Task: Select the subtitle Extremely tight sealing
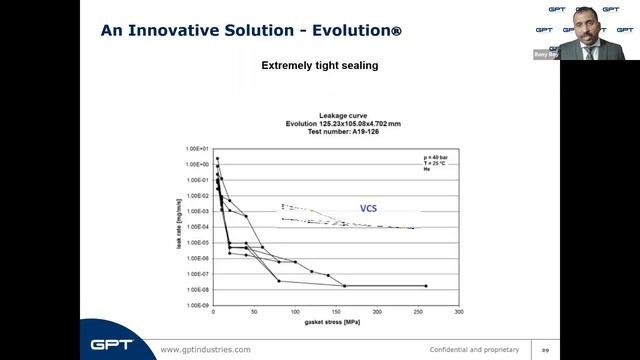click(319, 67)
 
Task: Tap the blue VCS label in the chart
click(370, 209)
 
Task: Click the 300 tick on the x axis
click(458, 313)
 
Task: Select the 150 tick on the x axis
click(336, 313)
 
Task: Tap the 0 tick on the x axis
click(213, 313)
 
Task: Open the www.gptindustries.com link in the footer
click(206, 349)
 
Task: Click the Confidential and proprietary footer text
click(474, 349)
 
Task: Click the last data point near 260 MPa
click(426, 286)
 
